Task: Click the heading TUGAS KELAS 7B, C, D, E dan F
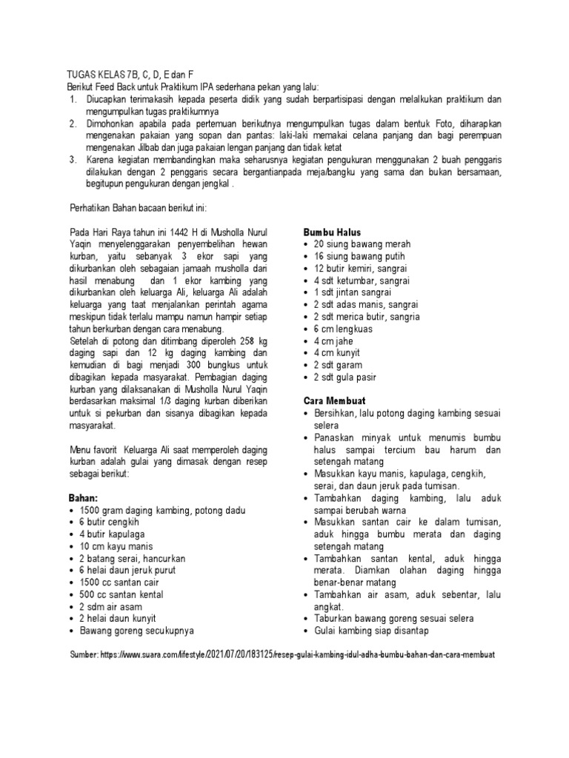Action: click(131, 76)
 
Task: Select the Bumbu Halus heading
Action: click(332, 232)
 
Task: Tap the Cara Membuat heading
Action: click(335, 400)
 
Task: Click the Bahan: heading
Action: click(82, 498)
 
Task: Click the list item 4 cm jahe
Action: click(336, 341)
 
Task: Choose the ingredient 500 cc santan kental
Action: click(122, 594)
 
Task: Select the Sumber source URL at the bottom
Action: click(282, 656)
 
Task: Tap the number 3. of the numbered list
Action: click(72, 158)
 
